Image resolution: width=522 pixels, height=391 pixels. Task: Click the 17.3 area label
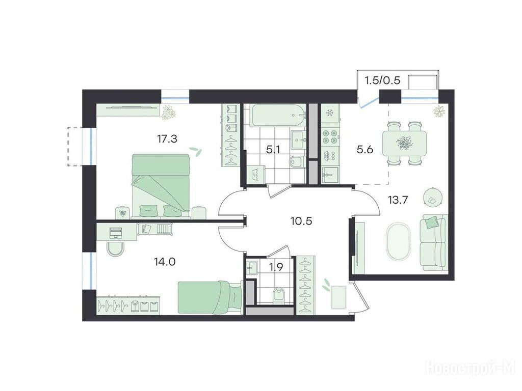coord(167,138)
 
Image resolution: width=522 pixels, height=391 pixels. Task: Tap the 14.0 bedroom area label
coord(165,262)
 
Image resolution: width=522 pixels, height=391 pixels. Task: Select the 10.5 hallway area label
coord(301,220)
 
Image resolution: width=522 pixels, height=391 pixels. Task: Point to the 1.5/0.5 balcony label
coord(382,81)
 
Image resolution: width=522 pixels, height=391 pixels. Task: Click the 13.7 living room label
coord(398,200)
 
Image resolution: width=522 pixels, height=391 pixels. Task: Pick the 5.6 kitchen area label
coord(365,150)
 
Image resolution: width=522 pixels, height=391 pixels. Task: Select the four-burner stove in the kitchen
coord(330,136)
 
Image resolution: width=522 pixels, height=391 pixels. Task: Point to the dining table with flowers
coord(404,143)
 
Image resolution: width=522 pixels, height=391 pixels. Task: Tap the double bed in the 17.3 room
coord(161,186)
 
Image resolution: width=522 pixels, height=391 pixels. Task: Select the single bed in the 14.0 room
coord(210,297)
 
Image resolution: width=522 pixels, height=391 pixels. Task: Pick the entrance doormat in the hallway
coord(338,297)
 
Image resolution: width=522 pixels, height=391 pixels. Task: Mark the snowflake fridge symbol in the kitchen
coord(330,113)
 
